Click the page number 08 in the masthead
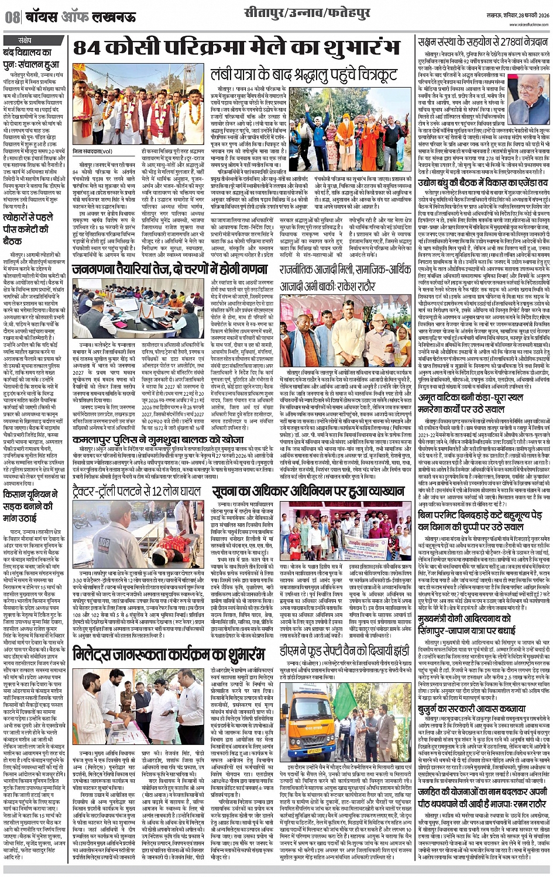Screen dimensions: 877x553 [x=13, y=17]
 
